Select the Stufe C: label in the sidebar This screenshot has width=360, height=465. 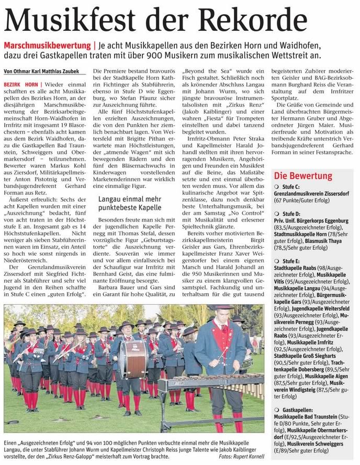(290, 187)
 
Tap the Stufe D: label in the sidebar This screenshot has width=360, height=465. (290, 214)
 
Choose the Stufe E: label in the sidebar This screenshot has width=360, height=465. (290, 260)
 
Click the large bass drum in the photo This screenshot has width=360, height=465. (132, 359)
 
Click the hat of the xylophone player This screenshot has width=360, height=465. (223, 307)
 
